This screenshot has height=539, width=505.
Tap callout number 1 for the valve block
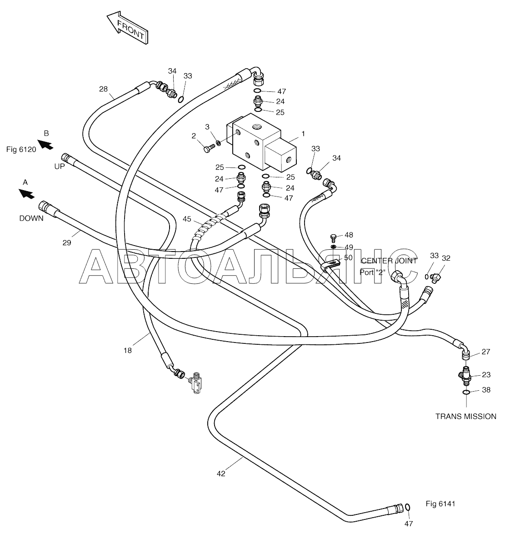click(303, 134)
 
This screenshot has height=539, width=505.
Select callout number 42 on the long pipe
click(221, 474)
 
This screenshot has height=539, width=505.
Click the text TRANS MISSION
click(466, 416)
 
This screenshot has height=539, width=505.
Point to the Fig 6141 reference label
click(440, 504)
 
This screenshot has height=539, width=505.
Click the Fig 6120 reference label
click(21, 150)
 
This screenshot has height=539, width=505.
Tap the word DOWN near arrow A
click(31, 218)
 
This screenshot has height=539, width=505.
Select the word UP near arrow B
click(60, 167)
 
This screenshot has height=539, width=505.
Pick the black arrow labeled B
click(45, 144)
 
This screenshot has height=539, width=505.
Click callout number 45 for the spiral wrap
click(187, 219)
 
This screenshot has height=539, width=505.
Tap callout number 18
click(127, 351)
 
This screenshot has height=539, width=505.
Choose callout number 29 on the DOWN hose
click(67, 243)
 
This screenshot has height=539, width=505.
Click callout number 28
click(103, 89)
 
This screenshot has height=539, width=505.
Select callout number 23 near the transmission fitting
click(486, 375)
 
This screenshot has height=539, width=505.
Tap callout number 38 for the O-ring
click(486, 390)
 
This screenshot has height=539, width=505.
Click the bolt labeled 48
click(332, 237)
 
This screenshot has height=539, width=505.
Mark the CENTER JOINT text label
click(389, 261)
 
